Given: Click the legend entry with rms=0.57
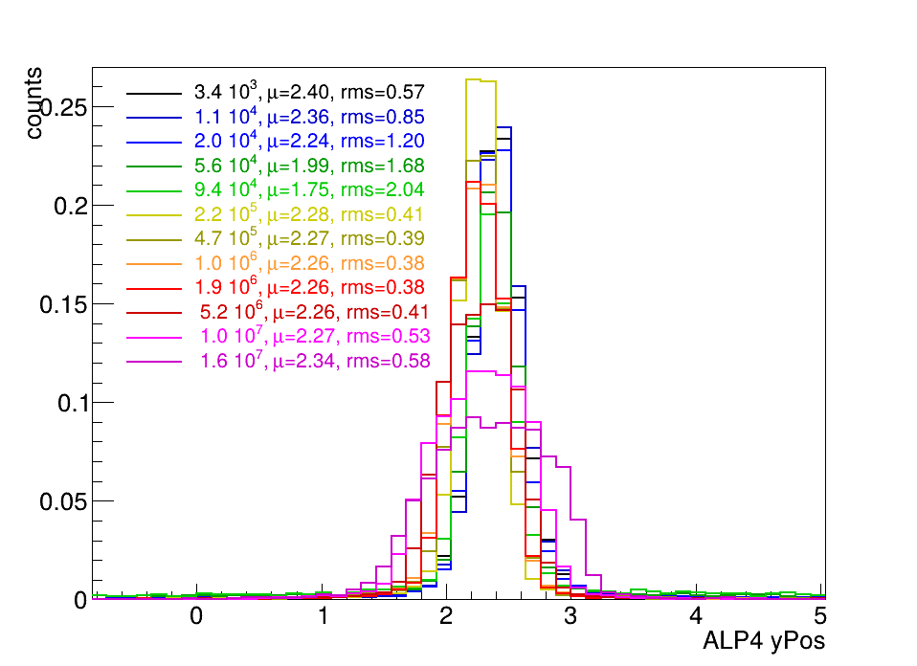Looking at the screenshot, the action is pyautogui.click(x=309, y=93).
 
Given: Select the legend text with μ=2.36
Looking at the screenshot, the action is pyautogui.click(x=309, y=117).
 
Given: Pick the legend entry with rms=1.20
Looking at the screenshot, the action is pyautogui.click(x=309, y=142).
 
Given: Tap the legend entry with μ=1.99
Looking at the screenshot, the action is pyautogui.click(x=309, y=166).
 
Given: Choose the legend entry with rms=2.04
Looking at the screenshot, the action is pyautogui.click(x=309, y=190).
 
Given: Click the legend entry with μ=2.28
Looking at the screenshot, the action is pyautogui.click(x=309, y=214).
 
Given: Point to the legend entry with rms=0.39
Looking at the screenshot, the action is pyautogui.click(x=309, y=239).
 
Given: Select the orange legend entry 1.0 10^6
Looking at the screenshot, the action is pyautogui.click(x=309, y=264).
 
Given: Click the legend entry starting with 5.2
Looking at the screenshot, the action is pyautogui.click(x=315, y=312).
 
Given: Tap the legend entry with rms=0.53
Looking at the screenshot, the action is pyautogui.click(x=315, y=337).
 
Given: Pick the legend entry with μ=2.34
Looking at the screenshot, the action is pyautogui.click(x=315, y=362).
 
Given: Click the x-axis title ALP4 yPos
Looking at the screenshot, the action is pyautogui.click(x=764, y=641).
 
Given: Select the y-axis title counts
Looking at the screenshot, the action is pyautogui.click(x=34, y=103).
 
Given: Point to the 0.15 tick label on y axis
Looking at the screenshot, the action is pyautogui.click(x=63, y=304).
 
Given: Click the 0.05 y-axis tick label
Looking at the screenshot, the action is pyautogui.click(x=63, y=501).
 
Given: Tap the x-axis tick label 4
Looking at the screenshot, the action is pyautogui.click(x=695, y=615).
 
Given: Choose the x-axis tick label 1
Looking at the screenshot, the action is pyautogui.click(x=323, y=615).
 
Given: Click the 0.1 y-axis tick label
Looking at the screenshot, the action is pyautogui.click(x=73, y=404).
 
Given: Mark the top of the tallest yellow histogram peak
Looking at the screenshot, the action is pyautogui.click(x=473, y=79).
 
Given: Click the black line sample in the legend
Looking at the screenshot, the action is pyautogui.click(x=154, y=94).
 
